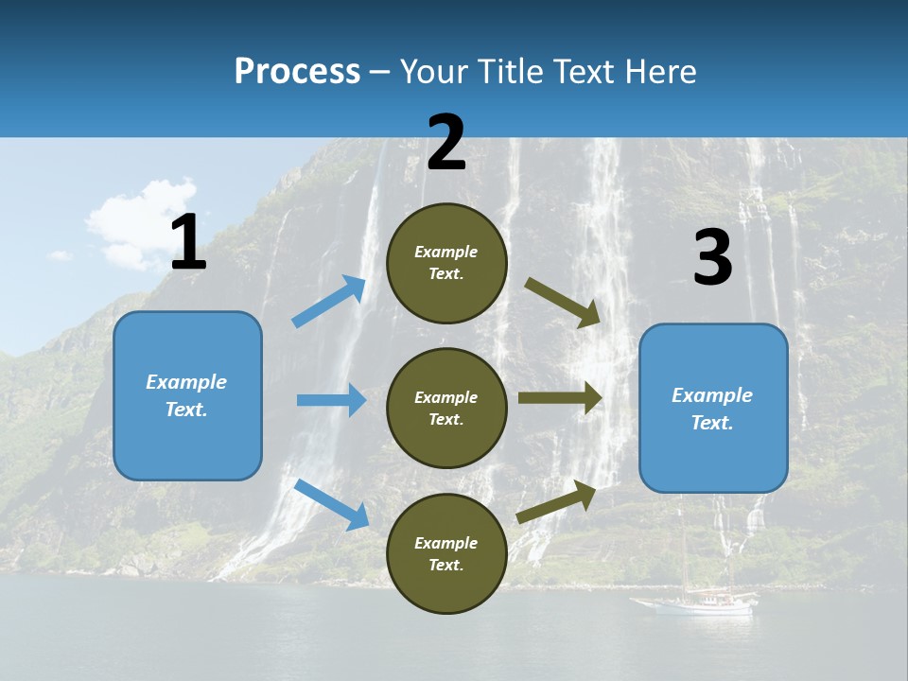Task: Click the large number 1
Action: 188,242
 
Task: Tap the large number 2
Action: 446,143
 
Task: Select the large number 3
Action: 712,257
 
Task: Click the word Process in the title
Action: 297,71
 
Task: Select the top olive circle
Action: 446,263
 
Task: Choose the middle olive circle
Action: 446,408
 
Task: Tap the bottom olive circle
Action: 446,553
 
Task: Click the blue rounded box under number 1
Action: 187,395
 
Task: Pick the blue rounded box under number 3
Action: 713,409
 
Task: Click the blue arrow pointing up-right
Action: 330,301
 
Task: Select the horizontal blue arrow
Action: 332,400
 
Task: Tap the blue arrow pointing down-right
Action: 332,503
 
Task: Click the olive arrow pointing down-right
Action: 564,303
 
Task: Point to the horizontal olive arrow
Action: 561,398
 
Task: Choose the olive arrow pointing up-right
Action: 557,501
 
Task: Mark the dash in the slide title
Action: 380,72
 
